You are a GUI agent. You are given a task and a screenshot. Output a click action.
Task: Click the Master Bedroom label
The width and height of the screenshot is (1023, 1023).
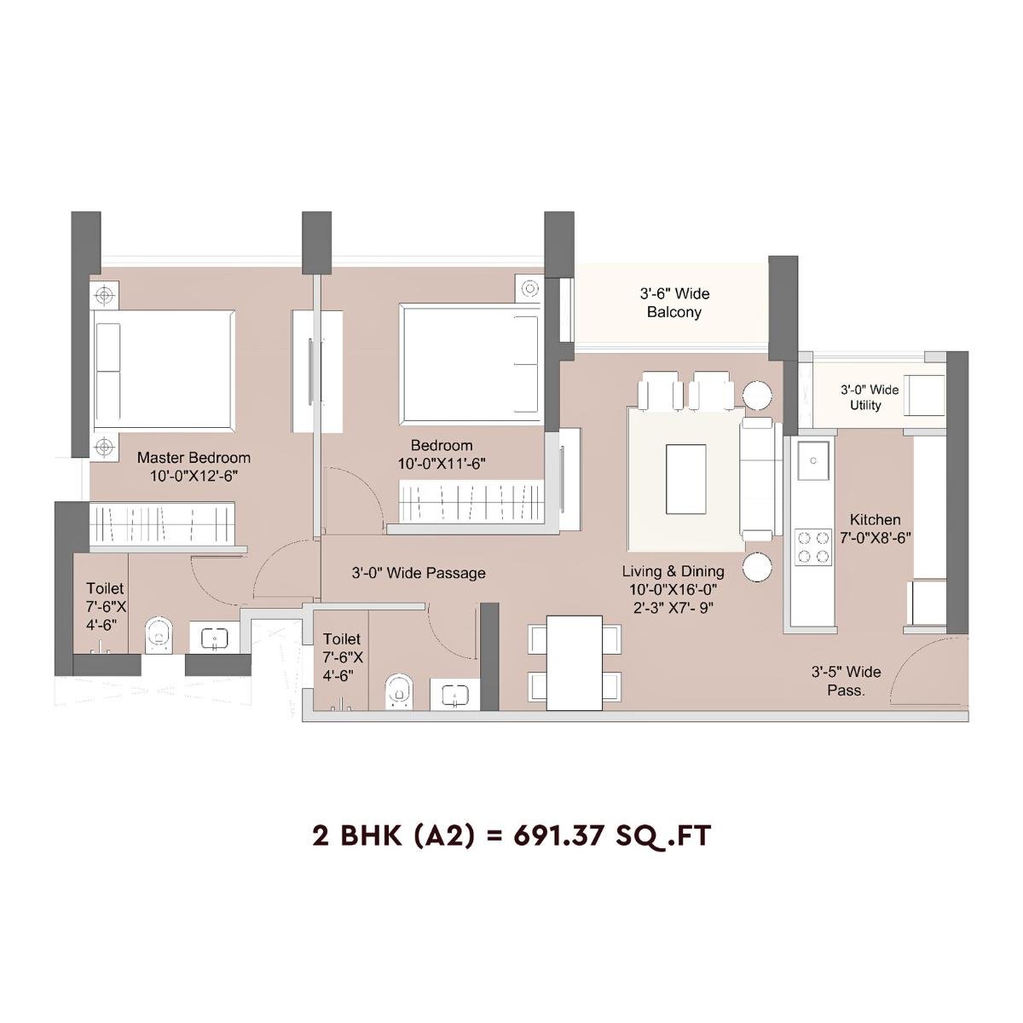point(194,458)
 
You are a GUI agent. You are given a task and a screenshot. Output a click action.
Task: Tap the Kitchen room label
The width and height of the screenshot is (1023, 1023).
point(875,519)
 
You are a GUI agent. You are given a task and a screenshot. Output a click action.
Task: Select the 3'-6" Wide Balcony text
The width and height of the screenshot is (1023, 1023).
point(674,303)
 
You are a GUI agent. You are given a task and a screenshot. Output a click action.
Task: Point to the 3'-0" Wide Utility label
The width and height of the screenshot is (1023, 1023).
point(869,397)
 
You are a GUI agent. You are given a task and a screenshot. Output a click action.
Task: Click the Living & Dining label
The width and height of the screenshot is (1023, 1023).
point(673,571)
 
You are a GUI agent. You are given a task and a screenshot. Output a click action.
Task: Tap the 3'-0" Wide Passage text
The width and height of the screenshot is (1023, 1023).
point(419,573)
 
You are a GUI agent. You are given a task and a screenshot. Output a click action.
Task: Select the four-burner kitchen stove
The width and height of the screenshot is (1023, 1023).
point(812,546)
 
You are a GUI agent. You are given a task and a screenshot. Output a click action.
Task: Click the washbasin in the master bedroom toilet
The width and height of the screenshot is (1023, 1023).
point(212,637)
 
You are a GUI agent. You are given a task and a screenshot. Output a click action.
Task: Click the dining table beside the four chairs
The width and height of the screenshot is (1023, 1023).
point(574,663)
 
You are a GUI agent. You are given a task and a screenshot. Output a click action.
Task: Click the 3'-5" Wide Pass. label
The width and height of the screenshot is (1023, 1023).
point(846,681)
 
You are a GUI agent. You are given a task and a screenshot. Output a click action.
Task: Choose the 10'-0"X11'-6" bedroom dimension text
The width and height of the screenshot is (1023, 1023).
point(442,464)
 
